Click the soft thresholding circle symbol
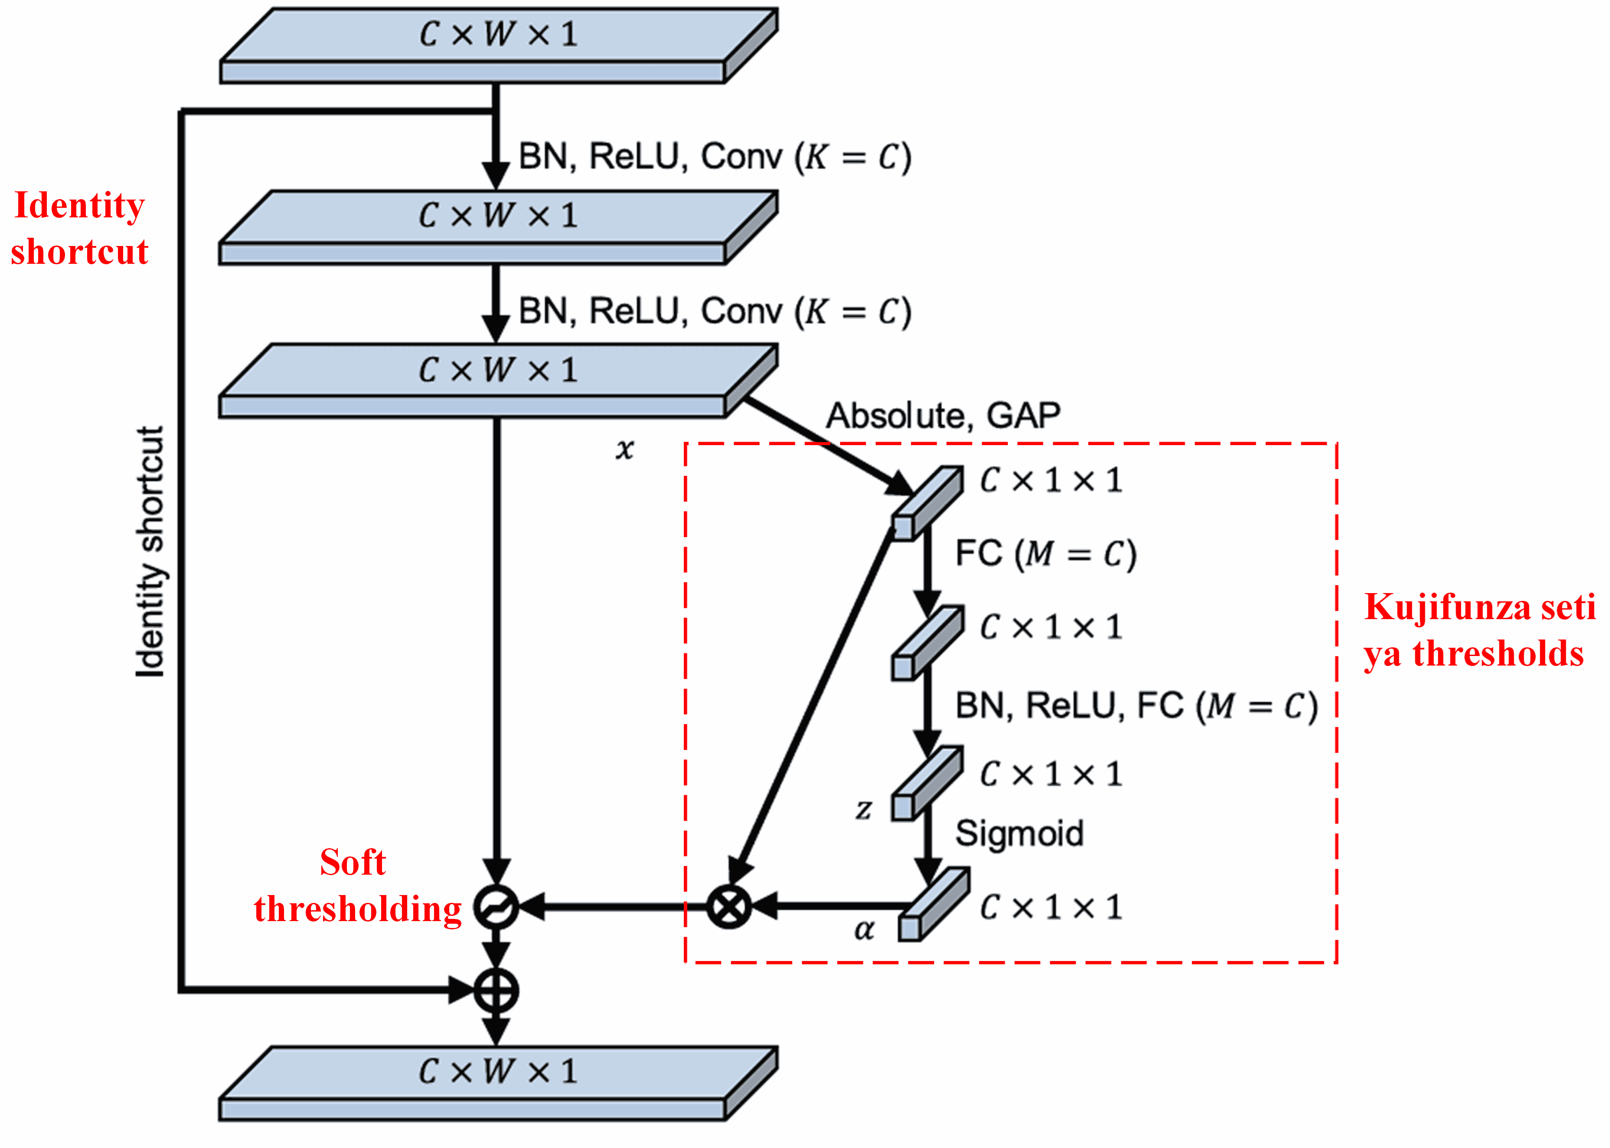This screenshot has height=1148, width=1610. point(496,906)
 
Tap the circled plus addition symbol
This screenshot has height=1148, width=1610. point(496,991)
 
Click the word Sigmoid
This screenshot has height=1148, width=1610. point(1019,833)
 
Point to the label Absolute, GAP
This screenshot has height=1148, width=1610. point(943,416)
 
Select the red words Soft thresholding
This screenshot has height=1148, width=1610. point(357,885)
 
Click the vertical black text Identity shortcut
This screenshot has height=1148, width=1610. point(150,551)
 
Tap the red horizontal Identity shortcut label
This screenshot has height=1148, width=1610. point(79,228)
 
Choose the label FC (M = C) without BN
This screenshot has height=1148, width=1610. point(1045,554)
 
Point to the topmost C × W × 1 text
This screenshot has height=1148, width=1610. point(498,34)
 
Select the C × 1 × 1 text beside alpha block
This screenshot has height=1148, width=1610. point(1051,908)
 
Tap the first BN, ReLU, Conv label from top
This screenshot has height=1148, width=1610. point(715,157)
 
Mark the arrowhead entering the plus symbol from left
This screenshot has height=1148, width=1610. point(460,990)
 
